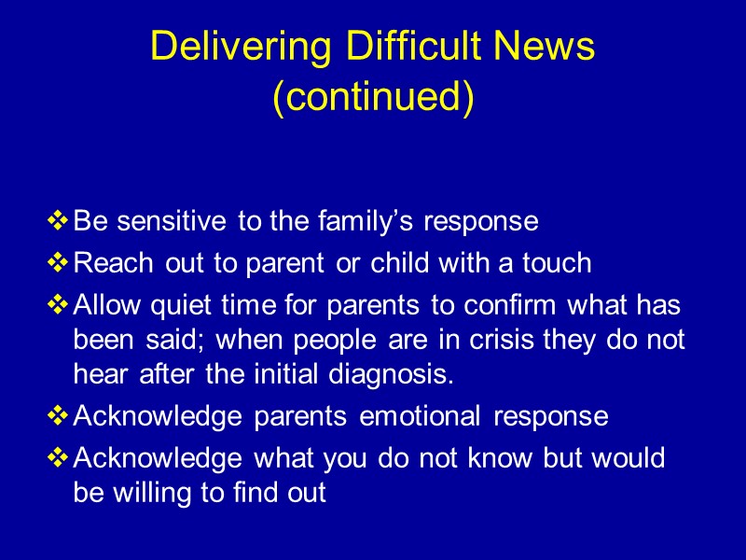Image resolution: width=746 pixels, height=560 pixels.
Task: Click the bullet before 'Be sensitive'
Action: click(58, 222)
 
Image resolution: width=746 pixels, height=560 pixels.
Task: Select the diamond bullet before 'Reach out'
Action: click(58, 263)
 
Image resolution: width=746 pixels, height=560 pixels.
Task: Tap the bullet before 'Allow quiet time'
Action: click(58, 304)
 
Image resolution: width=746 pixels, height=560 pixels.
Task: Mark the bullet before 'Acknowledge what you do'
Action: click(58, 457)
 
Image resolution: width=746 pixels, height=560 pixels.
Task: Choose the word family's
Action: click(370, 222)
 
